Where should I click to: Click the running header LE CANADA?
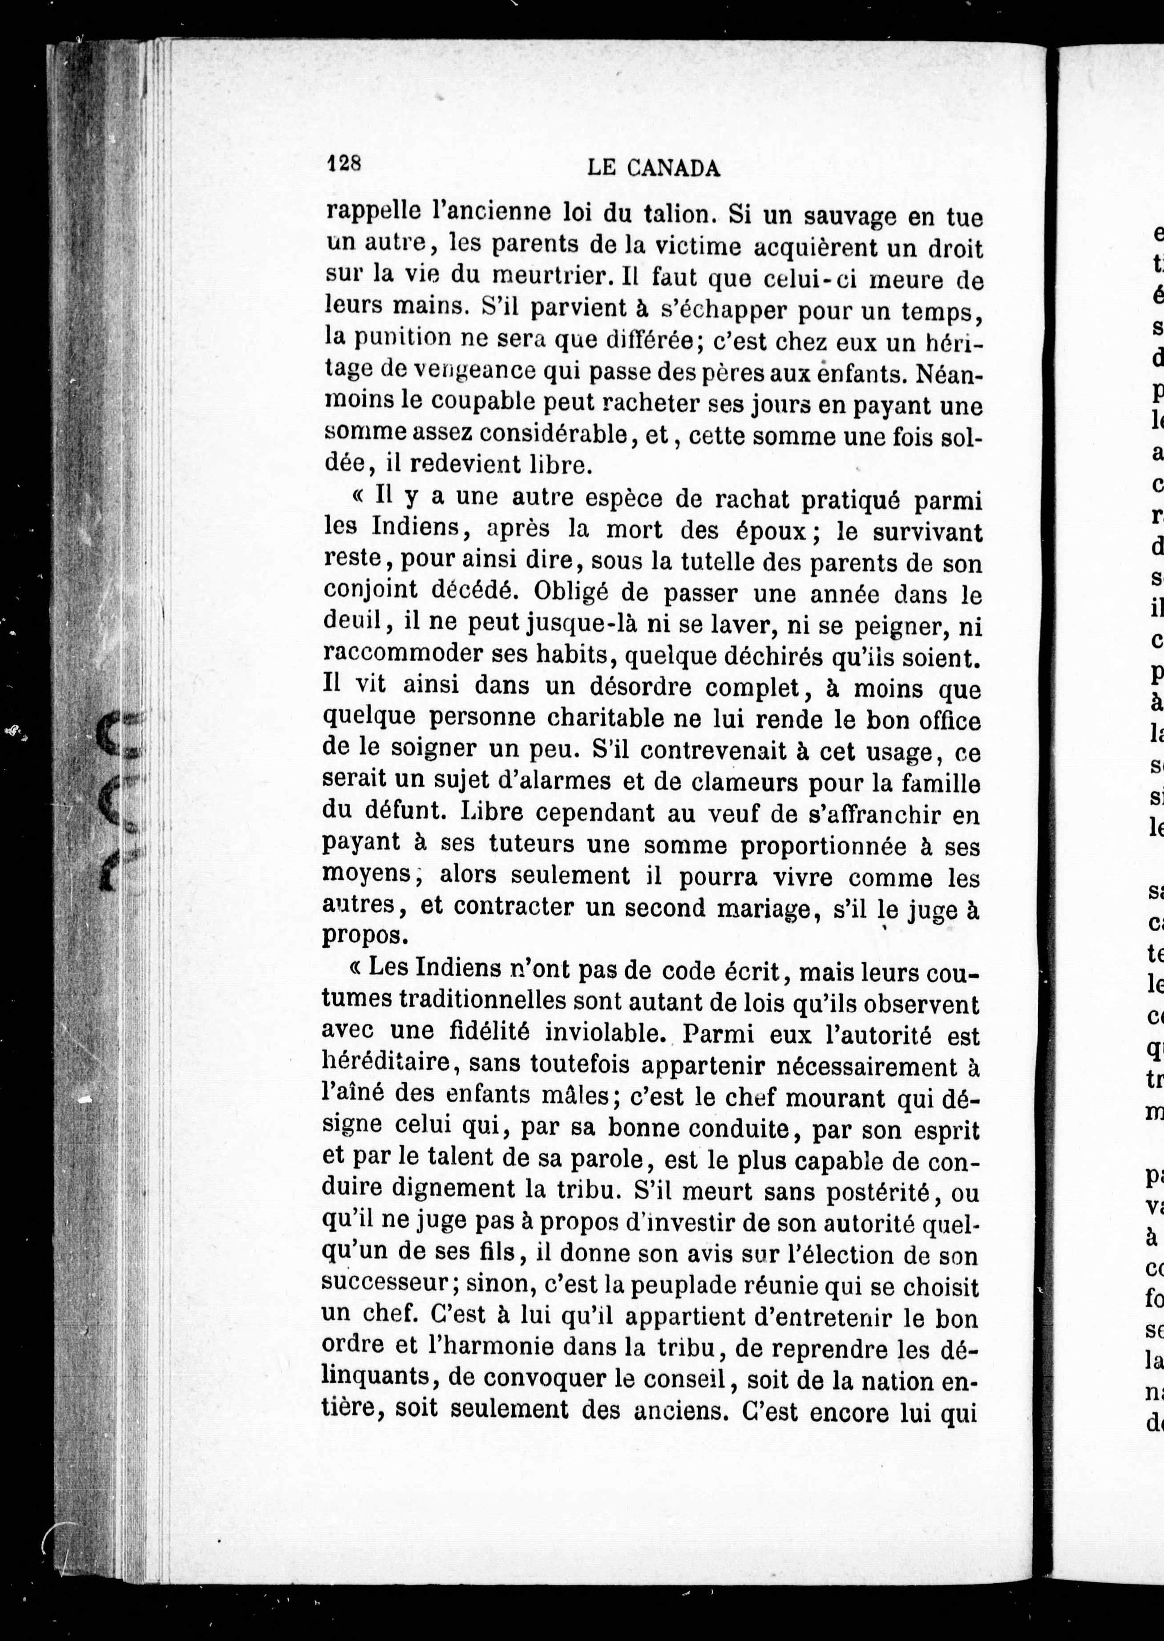click(x=653, y=168)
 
